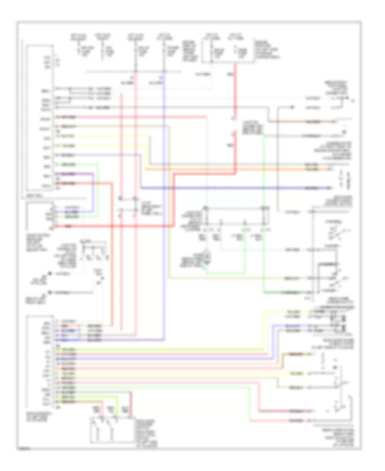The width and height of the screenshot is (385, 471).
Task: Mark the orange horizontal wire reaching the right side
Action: (240, 170)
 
